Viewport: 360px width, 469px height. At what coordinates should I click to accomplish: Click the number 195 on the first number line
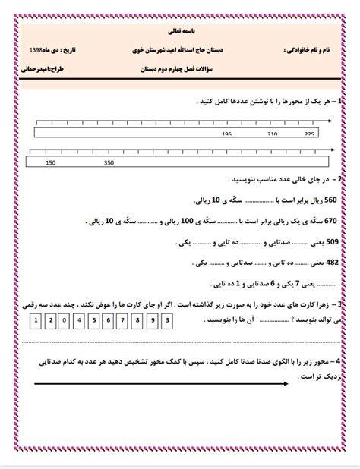(226, 134)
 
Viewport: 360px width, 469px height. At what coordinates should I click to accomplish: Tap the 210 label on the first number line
(273, 134)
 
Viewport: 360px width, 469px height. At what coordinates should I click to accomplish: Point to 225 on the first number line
(309, 134)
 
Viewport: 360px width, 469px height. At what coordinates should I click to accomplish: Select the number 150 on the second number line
(51, 162)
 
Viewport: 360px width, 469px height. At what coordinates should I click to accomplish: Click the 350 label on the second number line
(109, 162)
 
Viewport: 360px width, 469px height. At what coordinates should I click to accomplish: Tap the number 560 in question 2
(330, 200)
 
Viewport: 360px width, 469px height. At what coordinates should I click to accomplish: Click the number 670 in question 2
(330, 222)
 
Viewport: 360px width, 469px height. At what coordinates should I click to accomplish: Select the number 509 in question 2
(330, 243)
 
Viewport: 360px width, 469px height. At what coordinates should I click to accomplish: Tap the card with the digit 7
(122, 320)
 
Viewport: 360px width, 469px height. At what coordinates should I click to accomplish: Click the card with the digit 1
(35, 320)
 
